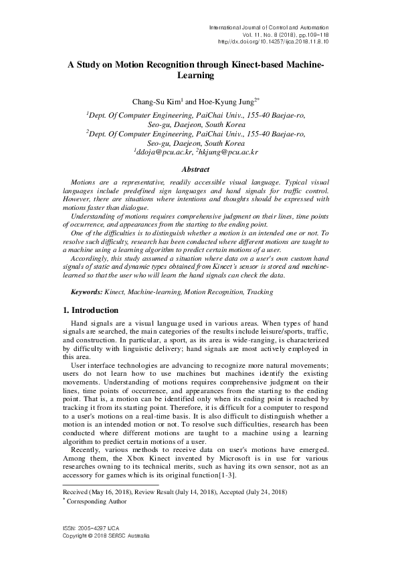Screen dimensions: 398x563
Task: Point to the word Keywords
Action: coord(86,292)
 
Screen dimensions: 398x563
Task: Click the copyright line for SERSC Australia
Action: coord(106,536)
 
